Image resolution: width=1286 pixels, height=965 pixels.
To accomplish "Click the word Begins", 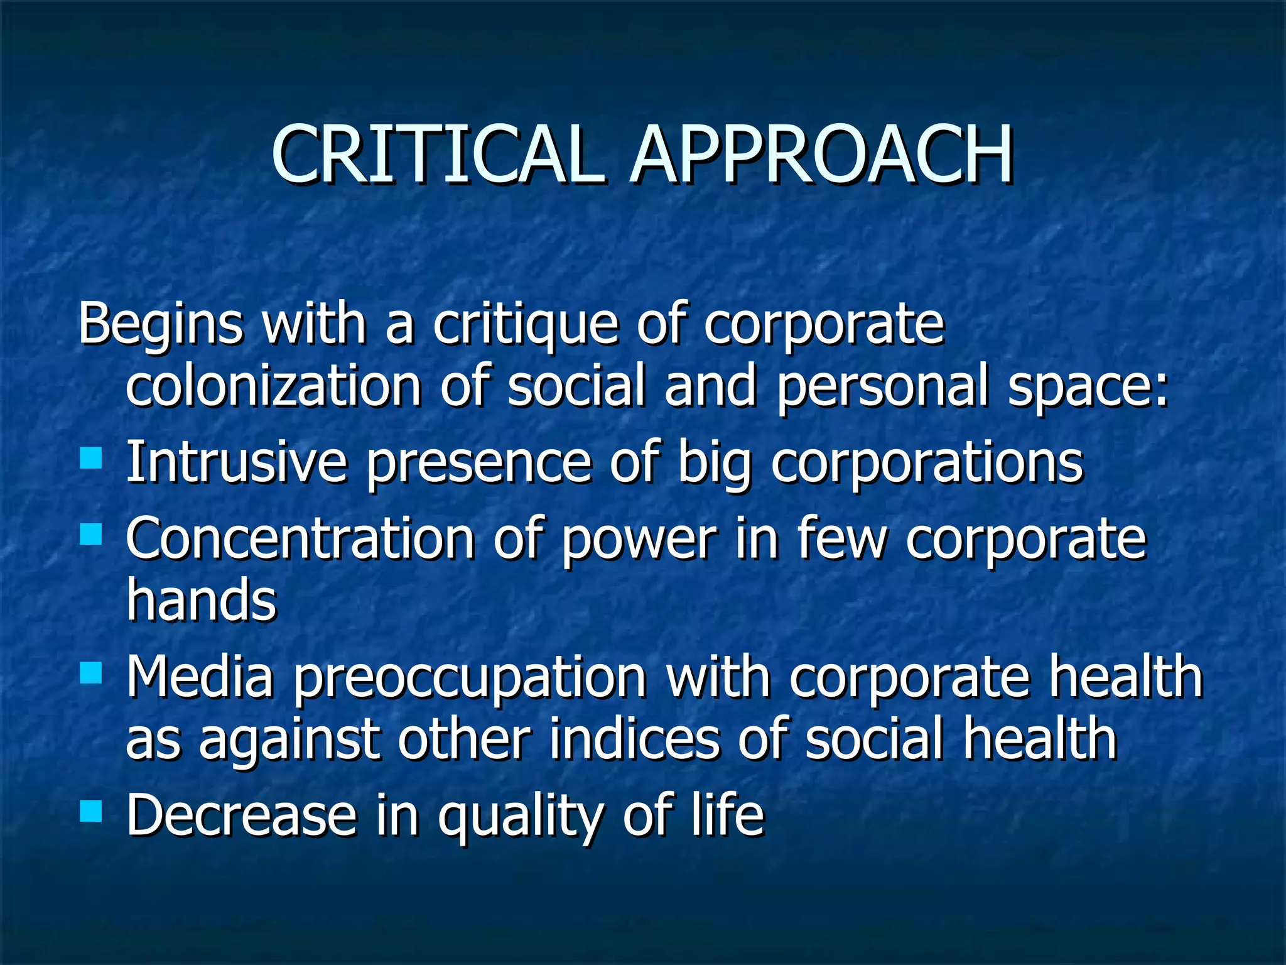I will (160, 325).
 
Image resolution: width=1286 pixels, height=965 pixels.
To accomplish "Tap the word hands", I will (201, 600).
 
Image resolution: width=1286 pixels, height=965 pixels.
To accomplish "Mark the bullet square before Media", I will (91, 673).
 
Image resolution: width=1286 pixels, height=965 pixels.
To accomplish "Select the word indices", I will (634, 739).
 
